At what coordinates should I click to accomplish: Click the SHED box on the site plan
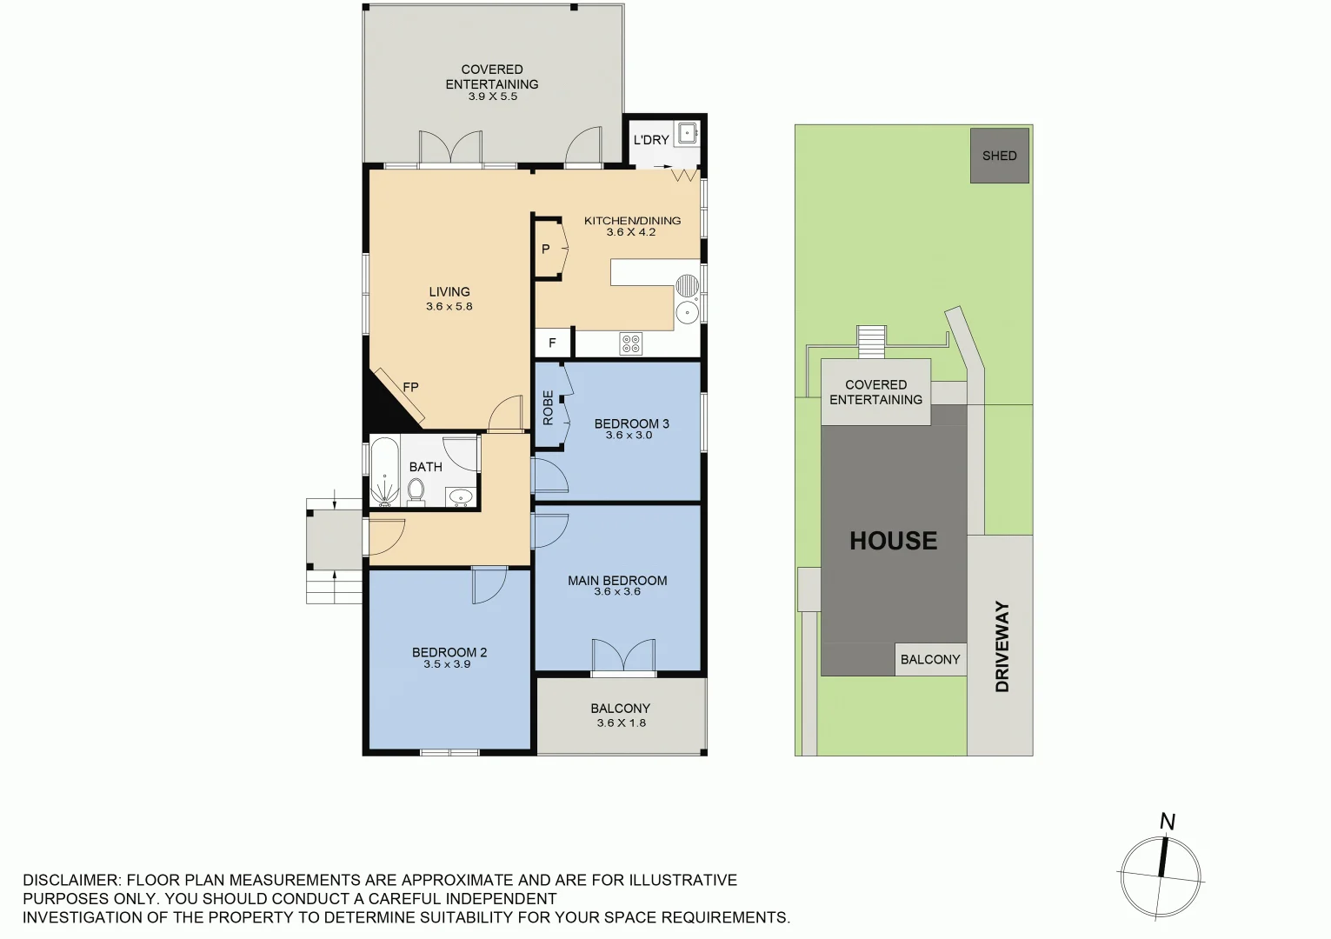(x=999, y=156)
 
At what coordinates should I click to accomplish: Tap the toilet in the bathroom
(x=416, y=491)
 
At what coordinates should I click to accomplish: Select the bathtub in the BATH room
(x=384, y=472)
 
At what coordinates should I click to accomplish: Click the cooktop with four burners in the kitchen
(x=631, y=344)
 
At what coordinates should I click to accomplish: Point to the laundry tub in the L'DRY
(x=687, y=133)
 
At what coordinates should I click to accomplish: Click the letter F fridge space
(x=552, y=343)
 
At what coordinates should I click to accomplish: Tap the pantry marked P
(x=546, y=250)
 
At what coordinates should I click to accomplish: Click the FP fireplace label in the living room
(x=410, y=387)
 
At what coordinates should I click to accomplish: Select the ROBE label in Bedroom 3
(x=548, y=408)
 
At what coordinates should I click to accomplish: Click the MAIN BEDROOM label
(x=617, y=580)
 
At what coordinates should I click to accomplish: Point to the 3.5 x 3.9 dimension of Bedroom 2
(x=447, y=664)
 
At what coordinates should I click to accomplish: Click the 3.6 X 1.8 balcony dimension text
(x=621, y=723)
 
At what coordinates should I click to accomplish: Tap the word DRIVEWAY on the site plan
(x=1002, y=646)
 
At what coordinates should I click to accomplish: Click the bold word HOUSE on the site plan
(x=893, y=541)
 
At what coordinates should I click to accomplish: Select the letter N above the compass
(x=1168, y=822)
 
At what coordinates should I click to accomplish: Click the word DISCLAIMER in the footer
(x=70, y=880)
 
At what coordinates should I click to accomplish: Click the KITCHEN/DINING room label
(x=632, y=221)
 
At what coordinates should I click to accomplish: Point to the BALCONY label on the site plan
(x=930, y=659)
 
